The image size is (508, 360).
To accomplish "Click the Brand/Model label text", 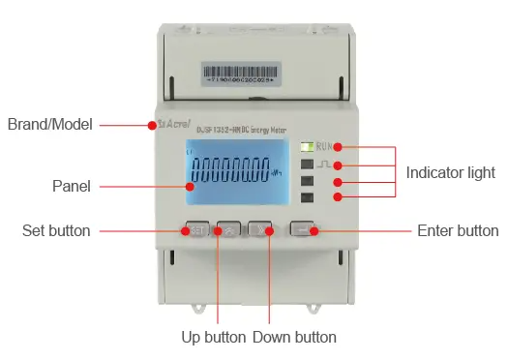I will click(x=49, y=125).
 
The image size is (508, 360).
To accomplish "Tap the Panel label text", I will click(x=72, y=186).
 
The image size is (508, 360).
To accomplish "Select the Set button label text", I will click(x=56, y=230).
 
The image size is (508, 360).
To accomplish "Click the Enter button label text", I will click(x=457, y=230).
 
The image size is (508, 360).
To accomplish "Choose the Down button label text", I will click(x=294, y=338).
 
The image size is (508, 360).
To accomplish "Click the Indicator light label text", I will click(x=451, y=172).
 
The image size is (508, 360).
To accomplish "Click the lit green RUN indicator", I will click(x=307, y=147).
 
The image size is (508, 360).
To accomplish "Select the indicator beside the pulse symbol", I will click(x=307, y=165).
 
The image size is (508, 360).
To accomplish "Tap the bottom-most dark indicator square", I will click(x=307, y=197).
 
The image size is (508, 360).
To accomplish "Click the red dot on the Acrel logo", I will click(x=152, y=125).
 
